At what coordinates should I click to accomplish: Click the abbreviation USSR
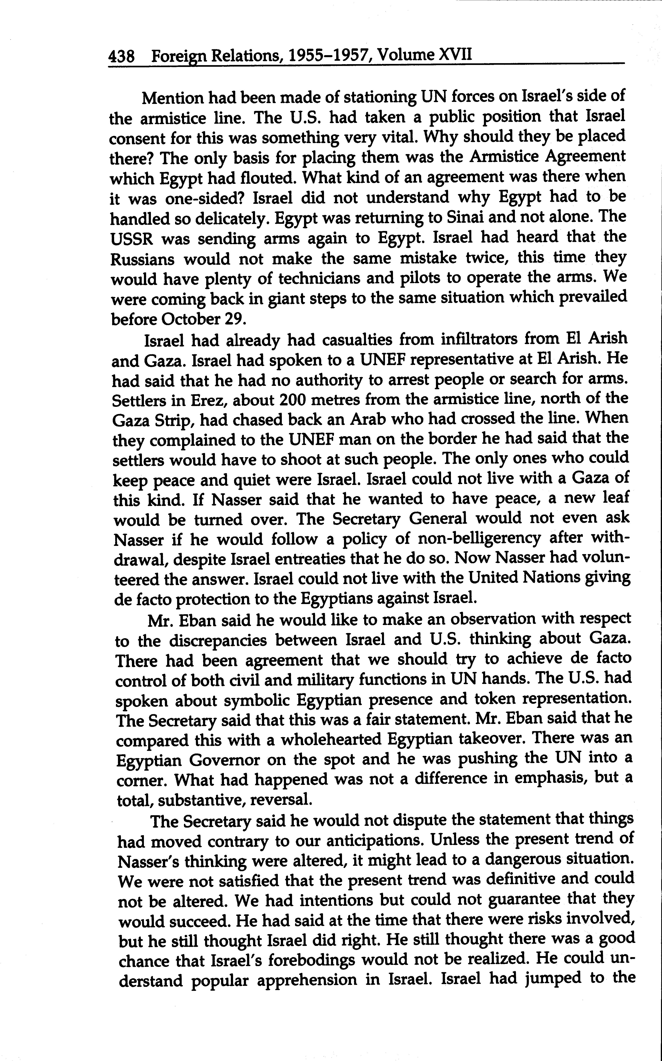[131, 239]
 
